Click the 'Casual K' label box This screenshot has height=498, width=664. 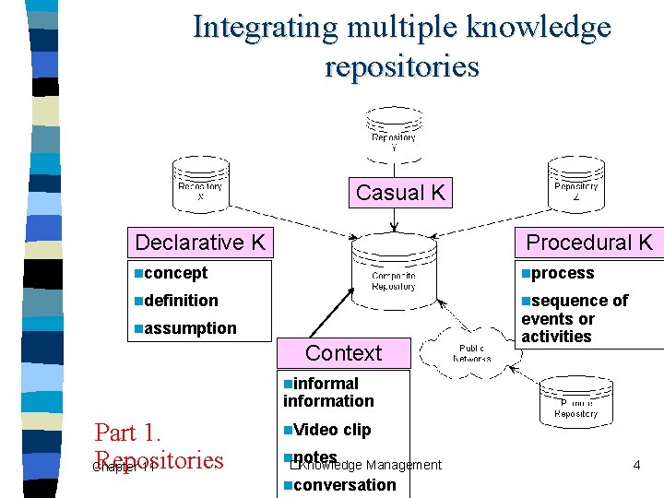400,193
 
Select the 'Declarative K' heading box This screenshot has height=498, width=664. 200,243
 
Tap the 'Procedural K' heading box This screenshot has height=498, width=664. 588,243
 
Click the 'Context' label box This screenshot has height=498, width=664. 343,352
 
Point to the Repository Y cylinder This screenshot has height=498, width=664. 394,131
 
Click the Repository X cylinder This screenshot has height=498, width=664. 200,187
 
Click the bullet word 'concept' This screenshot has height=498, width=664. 175,273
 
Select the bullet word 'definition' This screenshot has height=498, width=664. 181,301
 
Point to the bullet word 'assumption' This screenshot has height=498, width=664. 190,328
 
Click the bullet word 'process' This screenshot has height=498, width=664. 563,273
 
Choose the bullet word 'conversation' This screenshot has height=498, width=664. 345,485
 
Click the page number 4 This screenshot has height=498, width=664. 636,466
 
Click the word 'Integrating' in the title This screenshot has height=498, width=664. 266,28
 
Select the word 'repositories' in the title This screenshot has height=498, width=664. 402,66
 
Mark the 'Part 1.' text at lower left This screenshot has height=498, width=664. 129,433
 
